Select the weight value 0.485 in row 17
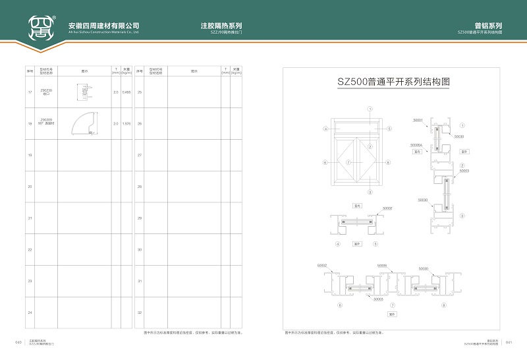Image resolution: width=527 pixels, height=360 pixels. (x=126, y=92)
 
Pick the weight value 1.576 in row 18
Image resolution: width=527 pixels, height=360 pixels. (x=126, y=123)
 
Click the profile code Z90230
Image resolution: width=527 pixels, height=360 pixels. (x=46, y=90)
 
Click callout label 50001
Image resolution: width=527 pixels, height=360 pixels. (x=418, y=120)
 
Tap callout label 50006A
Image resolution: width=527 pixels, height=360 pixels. (x=416, y=144)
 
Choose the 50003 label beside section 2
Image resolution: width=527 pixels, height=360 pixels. (x=464, y=171)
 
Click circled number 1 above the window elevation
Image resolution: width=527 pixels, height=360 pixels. (x=370, y=108)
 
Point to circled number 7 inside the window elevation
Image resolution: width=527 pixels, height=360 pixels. (x=370, y=146)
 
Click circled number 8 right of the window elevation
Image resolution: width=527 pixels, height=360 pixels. (x=389, y=162)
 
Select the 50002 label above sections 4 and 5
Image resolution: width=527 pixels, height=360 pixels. (x=388, y=208)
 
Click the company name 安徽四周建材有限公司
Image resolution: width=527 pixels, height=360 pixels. (x=104, y=26)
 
